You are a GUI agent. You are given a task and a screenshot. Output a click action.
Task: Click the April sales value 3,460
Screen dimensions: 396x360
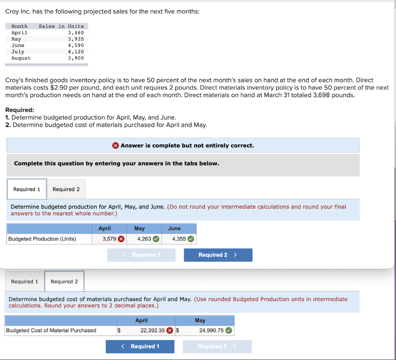click(x=76, y=32)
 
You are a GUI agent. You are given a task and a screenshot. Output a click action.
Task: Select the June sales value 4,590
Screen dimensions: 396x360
click(x=76, y=46)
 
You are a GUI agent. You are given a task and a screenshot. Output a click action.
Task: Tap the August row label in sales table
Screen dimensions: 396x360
click(x=21, y=58)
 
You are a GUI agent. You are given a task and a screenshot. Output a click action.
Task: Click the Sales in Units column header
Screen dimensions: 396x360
click(x=61, y=26)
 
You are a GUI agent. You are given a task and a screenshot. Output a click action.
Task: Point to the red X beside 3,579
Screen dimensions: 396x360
click(x=121, y=239)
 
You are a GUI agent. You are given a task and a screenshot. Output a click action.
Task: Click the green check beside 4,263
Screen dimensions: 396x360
click(x=156, y=239)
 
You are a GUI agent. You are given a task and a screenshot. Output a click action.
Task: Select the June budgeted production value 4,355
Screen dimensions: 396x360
click(x=179, y=239)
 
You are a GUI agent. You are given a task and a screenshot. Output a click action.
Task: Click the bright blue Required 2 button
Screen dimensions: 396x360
click(x=218, y=255)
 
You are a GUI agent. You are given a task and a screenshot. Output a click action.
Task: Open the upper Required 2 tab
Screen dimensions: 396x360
click(x=66, y=189)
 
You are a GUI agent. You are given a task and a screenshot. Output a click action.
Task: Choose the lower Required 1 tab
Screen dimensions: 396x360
click(x=24, y=282)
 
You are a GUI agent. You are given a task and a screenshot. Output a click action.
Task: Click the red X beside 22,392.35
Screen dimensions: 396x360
click(x=170, y=331)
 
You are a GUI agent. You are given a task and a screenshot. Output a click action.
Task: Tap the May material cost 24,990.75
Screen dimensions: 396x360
click(x=212, y=331)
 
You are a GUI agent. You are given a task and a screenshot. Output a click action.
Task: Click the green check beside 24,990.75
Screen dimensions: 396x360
click(x=229, y=331)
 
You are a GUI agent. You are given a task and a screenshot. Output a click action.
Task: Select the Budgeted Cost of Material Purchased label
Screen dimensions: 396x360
click(x=51, y=331)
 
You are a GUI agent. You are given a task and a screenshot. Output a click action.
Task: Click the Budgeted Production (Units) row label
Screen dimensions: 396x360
click(x=42, y=239)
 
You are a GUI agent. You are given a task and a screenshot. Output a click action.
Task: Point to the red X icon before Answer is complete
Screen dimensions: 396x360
click(x=115, y=146)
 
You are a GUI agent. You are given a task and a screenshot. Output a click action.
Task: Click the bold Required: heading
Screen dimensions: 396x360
click(x=20, y=110)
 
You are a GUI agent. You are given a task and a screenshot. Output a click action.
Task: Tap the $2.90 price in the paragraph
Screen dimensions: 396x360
click(x=59, y=88)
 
